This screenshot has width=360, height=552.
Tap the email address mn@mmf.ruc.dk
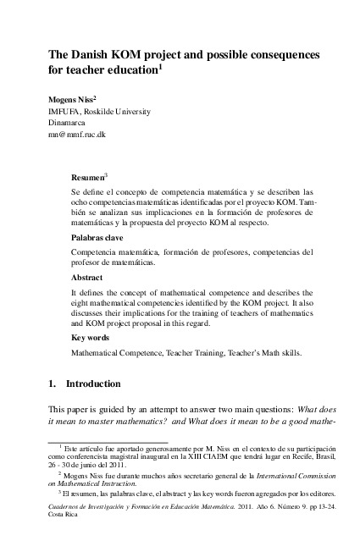[77, 135]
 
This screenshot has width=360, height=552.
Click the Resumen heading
[87, 179]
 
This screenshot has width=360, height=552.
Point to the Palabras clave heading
[97, 239]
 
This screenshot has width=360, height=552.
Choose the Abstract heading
[86, 278]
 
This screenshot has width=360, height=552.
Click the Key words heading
[90, 338]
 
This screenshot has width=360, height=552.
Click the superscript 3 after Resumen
[106, 176]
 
